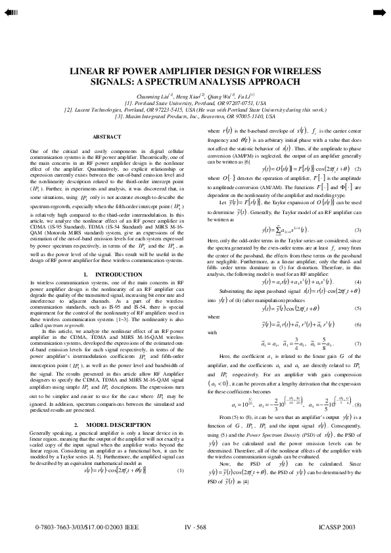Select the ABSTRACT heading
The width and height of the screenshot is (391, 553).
(106, 136)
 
